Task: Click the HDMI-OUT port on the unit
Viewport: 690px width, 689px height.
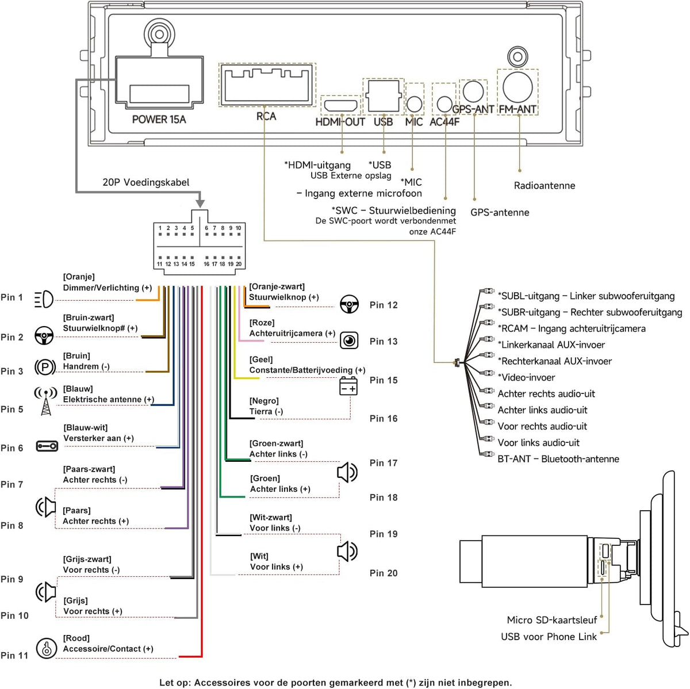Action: [x=340, y=106]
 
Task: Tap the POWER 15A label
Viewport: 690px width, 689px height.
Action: [x=159, y=119]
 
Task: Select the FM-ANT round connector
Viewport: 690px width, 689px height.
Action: [x=517, y=87]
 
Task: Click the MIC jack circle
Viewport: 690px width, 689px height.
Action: [x=414, y=104]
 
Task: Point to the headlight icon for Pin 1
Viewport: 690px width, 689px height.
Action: [x=44, y=299]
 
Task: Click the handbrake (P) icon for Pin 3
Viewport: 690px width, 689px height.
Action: [x=45, y=368]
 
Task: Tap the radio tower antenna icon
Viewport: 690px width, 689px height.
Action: [x=45, y=401]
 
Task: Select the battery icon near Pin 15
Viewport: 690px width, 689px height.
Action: [x=348, y=386]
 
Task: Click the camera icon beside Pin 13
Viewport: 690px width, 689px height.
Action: [x=349, y=340]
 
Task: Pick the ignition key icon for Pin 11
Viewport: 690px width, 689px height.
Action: [x=47, y=648]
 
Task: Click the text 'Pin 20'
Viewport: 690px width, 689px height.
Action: [x=384, y=573]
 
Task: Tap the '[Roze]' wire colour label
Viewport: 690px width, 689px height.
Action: [x=262, y=323]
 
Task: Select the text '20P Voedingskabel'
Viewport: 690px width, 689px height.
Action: [x=145, y=182]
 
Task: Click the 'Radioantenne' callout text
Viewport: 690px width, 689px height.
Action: [x=545, y=186]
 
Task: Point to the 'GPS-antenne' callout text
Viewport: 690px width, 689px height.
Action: [x=500, y=212]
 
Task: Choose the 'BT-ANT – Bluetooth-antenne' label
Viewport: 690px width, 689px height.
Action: [x=558, y=459]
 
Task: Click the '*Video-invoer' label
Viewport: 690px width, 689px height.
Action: [x=526, y=377]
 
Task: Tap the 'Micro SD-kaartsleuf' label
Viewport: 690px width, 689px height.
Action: [x=552, y=620]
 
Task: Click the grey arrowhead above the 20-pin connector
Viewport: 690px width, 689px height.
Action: [x=200, y=203]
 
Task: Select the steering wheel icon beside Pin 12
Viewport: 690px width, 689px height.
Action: [x=349, y=304]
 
